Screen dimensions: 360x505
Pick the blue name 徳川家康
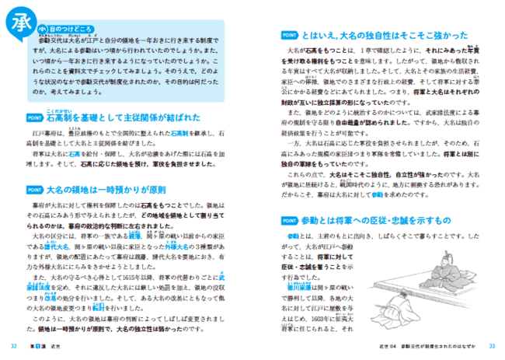point(296,285)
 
